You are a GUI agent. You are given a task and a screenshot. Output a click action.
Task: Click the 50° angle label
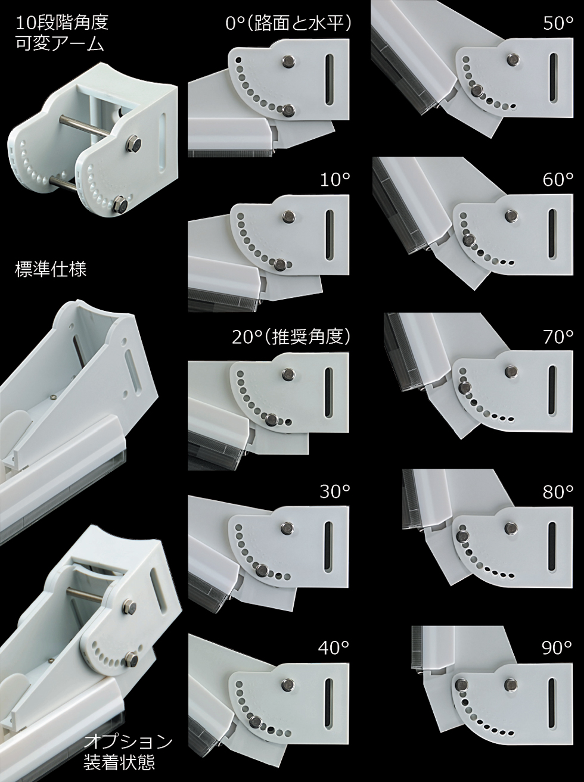point(558,23)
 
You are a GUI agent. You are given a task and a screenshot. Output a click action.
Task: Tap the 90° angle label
point(557,647)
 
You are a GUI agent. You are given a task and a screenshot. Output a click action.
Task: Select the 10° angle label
point(335,180)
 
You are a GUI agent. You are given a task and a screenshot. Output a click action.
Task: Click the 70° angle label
point(558,337)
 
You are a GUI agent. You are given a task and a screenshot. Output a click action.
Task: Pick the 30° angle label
point(335,492)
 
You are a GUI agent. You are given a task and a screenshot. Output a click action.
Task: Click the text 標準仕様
point(51,270)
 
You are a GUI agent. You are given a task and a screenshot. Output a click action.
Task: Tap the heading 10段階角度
point(62,23)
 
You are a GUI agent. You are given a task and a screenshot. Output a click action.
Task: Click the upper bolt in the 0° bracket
point(288,60)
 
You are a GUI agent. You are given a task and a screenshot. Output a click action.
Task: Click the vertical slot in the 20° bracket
point(328,392)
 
